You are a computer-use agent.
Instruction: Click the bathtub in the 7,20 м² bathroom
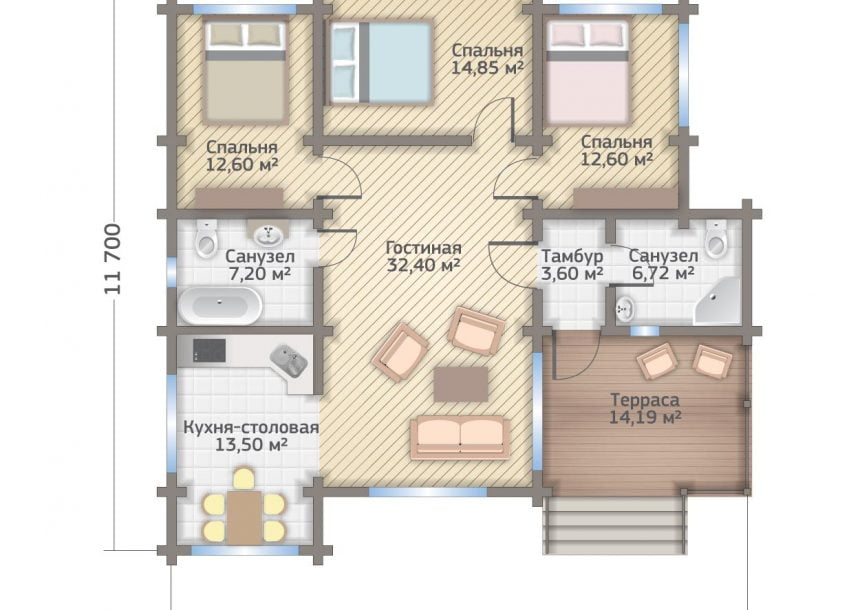(x=219, y=305)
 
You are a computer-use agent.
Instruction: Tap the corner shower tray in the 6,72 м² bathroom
(x=718, y=301)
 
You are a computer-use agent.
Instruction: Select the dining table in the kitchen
(x=245, y=515)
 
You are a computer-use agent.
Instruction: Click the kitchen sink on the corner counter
(x=289, y=360)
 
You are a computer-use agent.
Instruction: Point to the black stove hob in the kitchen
(x=209, y=351)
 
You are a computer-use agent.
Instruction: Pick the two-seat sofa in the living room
(x=460, y=437)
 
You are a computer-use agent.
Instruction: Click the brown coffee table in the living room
(x=461, y=385)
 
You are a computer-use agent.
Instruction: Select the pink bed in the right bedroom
(x=588, y=70)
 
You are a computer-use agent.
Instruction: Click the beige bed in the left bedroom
(x=246, y=70)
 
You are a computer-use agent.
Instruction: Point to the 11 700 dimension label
(x=112, y=258)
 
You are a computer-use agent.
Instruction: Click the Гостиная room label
(x=423, y=248)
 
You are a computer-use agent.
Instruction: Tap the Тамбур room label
(x=572, y=256)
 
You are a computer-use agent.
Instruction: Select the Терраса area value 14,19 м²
(x=645, y=417)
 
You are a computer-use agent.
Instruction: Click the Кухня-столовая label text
(x=251, y=427)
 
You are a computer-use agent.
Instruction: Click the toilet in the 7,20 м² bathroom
(x=206, y=239)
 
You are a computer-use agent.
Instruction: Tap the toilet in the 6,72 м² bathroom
(x=716, y=239)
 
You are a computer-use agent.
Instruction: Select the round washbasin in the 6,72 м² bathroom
(x=625, y=309)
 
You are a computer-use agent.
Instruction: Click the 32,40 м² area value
(x=423, y=266)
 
